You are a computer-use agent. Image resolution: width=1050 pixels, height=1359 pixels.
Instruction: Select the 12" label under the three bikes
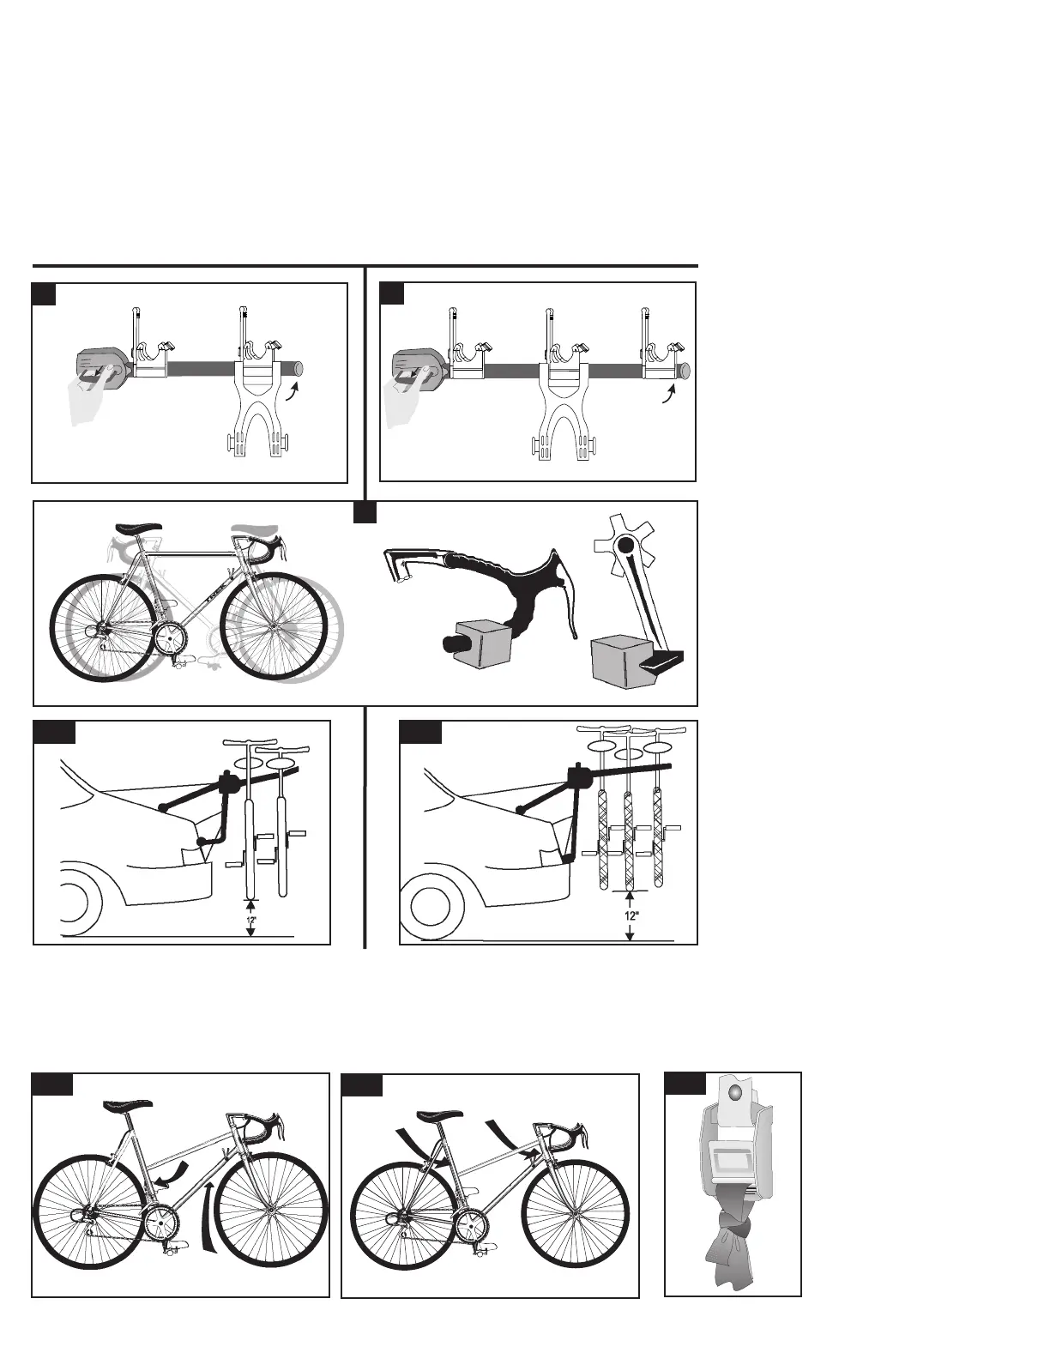click(631, 915)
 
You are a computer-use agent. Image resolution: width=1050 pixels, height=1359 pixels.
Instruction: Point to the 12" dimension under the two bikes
click(250, 921)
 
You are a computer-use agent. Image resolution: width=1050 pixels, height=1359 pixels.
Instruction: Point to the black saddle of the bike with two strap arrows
click(440, 1115)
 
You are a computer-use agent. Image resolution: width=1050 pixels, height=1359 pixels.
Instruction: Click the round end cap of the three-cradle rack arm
click(685, 371)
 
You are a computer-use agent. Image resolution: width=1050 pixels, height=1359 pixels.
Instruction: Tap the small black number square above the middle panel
click(365, 511)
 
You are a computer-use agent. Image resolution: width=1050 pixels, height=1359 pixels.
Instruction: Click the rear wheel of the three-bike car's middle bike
click(627, 841)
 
